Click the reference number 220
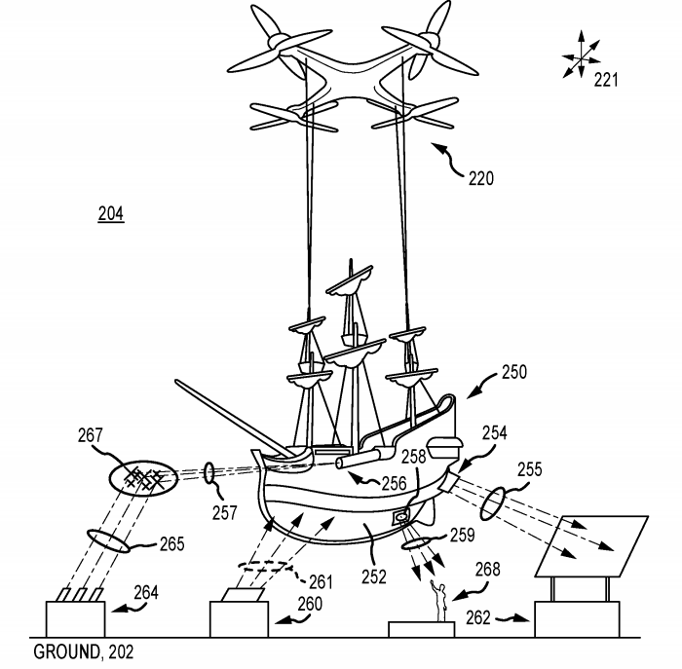click(479, 178)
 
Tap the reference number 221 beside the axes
click(606, 80)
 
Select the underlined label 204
click(110, 214)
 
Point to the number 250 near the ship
click(513, 371)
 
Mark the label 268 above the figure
click(489, 569)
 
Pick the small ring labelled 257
click(209, 473)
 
